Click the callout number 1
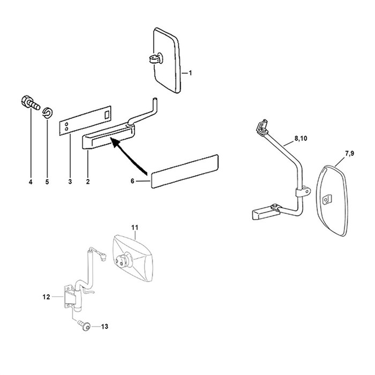click(190, 73)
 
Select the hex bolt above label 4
click(31, 103)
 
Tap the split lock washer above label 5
click(48, 112)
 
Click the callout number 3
click(70, 182)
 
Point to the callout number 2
click(88, 182)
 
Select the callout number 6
click(132, 181)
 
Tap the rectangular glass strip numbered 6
click(184, 171)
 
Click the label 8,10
click(301, 138)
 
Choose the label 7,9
click(349, 154)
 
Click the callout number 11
click(135, 228)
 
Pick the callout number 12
click(46, 297)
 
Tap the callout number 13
click(104, 326)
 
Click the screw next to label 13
click(84, 326)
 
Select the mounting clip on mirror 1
click(156, 58)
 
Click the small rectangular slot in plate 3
click(107, 115)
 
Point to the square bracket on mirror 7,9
click(327, 199)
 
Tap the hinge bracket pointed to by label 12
click(70, 297)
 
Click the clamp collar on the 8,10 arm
click(303, 192)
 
